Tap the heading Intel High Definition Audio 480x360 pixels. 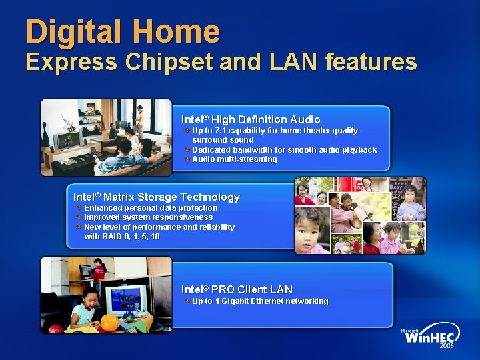(251, 119)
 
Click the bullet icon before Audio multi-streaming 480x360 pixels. (188, 159)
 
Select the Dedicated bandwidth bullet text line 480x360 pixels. (284, 150)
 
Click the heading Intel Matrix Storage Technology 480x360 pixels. (156, 197)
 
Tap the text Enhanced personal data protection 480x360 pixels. (151, 208)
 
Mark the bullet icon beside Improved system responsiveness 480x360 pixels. (79, 217)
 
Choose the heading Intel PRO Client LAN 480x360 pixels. (237, 289)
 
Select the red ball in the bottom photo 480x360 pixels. (55, 329)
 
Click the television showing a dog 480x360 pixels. (69, 141)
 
